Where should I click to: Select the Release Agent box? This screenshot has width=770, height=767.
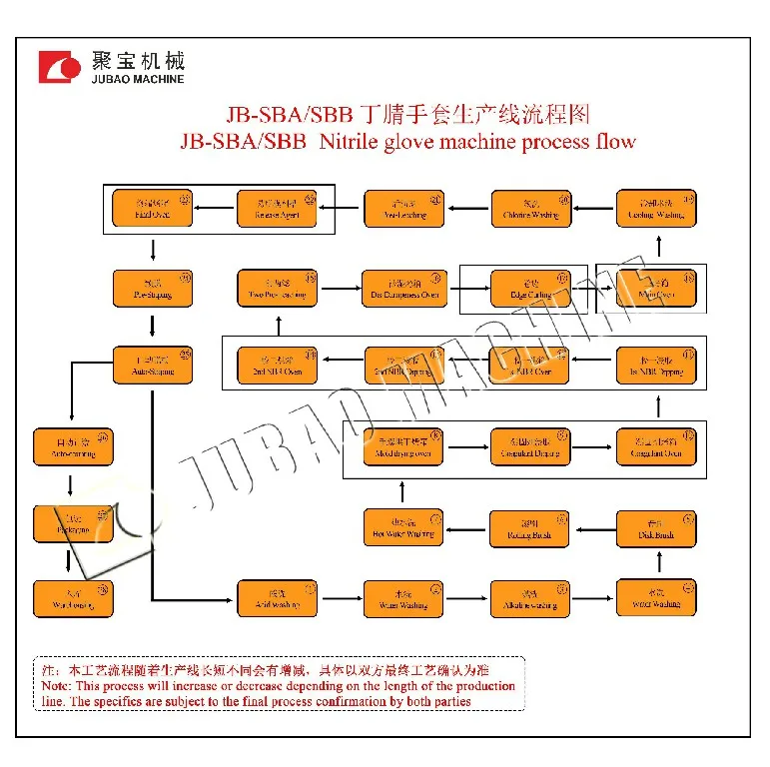[277, 208]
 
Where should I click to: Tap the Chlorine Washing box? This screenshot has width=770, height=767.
[530, 208]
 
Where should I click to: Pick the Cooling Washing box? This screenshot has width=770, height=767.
[656, 208]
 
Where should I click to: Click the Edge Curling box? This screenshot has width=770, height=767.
[530, 289]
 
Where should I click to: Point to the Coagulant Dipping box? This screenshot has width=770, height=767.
[530, 446]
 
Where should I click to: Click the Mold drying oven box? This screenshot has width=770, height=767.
[402, 446]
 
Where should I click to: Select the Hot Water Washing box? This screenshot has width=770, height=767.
[402, 527]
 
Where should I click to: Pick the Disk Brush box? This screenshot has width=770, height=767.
[656, 527]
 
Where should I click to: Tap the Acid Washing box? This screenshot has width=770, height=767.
[277, 597]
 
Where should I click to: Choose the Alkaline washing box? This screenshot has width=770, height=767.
[530, 597]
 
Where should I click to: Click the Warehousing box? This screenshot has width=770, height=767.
[73, 597]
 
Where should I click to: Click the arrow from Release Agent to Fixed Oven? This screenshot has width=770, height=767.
[215, 208]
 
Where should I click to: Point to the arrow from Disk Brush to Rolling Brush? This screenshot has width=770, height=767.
[593, 527]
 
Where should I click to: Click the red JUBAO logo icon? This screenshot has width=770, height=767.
[59, 66]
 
